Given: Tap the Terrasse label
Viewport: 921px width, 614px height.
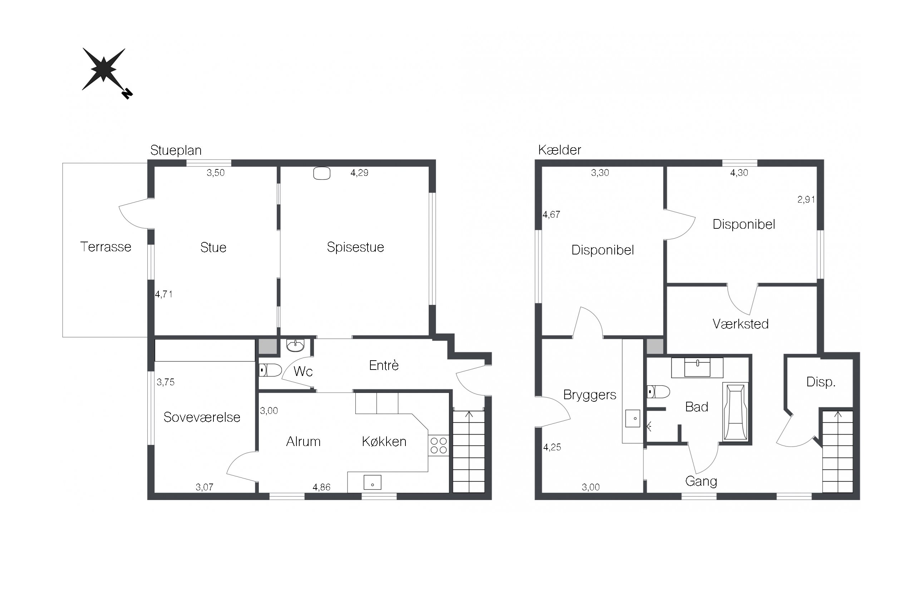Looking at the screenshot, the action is tap(105, 247).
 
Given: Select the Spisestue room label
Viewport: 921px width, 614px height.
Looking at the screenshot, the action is tap(355, 247).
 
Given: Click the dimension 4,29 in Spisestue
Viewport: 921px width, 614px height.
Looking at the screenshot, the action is tap(359, 173).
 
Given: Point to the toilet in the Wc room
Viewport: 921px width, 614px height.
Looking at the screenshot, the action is tap(270, 370).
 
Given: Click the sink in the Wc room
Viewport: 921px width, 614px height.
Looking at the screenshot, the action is tap(295, 345).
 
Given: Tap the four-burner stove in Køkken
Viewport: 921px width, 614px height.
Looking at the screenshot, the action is tap(438, 446).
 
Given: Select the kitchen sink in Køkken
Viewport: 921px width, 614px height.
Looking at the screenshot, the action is tap(372, 482).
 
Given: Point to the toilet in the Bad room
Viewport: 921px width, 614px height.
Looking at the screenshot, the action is tap(658, 392).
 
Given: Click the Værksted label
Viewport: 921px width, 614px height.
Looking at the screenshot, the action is tap(740, 324).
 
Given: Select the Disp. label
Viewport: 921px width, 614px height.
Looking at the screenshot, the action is tap(821, 382).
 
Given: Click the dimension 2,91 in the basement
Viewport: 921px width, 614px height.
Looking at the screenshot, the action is tap(806, 200).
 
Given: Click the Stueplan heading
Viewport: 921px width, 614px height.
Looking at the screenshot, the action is tap(176, 151).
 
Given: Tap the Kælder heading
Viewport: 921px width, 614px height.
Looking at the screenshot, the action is tap(560, 150).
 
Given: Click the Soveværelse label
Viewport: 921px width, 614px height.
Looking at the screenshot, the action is tap(202, 417).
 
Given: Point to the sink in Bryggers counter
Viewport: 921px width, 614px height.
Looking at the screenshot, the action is tap(633, 418).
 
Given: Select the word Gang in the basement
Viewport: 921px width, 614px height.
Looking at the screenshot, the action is tap(701, 481).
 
